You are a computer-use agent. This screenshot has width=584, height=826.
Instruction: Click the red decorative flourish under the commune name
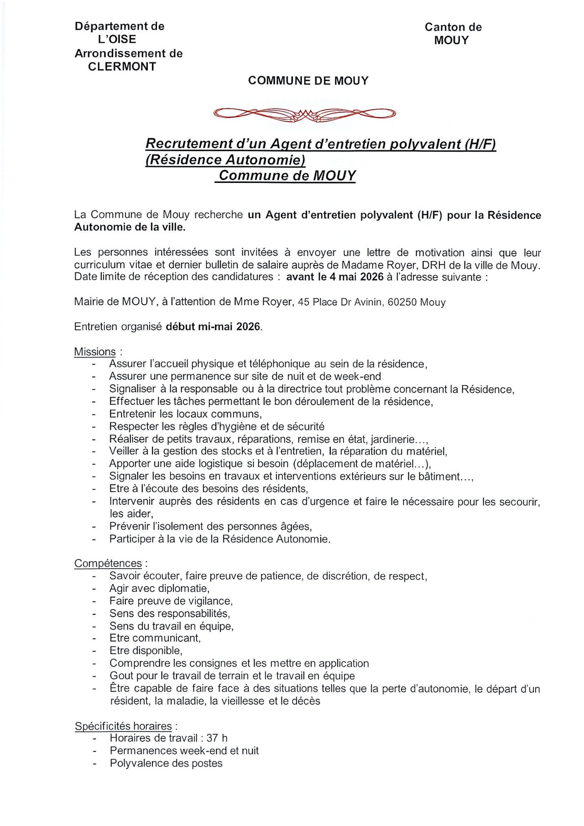[304, 114]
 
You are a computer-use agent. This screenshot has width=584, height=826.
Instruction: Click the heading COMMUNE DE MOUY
[308, 81]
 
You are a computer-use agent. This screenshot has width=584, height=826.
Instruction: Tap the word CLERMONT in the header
[122, 67]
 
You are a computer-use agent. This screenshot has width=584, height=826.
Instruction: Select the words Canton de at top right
[453, 27]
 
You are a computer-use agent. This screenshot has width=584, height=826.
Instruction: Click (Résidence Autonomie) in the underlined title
[225, 160]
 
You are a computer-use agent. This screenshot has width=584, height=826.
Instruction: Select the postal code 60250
[402, 302]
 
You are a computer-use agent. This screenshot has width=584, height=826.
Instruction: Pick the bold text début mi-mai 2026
[214, 327]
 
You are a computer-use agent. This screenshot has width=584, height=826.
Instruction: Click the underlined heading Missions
[95, 352]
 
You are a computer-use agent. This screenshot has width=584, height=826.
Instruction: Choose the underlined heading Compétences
[108, 564]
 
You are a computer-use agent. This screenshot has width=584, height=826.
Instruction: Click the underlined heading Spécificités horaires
[123, 726]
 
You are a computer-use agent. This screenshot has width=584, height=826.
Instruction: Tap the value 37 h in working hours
[217, 738]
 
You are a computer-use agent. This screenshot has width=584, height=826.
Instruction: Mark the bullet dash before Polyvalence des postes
[94, 763]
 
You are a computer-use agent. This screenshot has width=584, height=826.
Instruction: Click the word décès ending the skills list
[306, 701]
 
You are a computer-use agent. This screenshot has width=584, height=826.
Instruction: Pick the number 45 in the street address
[303, 302]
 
